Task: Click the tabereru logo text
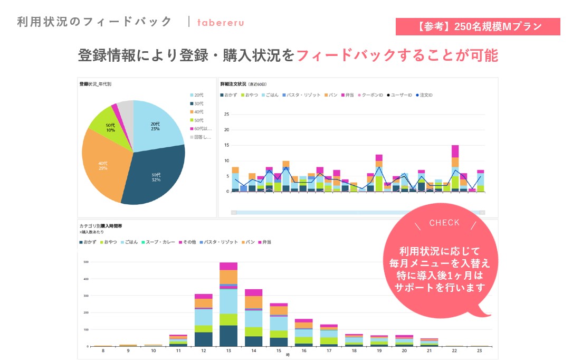[221, 23]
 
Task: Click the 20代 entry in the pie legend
[198, 95]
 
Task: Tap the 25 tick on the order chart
[226, 114]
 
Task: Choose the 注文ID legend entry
[424, 95]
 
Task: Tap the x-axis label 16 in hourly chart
[303, 350]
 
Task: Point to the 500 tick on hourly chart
[84, 262]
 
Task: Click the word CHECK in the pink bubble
[444, 223]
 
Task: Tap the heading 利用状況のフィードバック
[94, 22]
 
